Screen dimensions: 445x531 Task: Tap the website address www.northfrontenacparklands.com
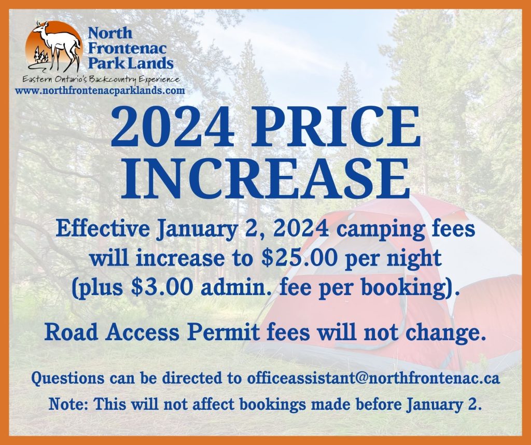[100, 90]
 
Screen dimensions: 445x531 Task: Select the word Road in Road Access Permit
[68, 333]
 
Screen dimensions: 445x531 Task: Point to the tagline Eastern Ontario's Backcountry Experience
[100, 79]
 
